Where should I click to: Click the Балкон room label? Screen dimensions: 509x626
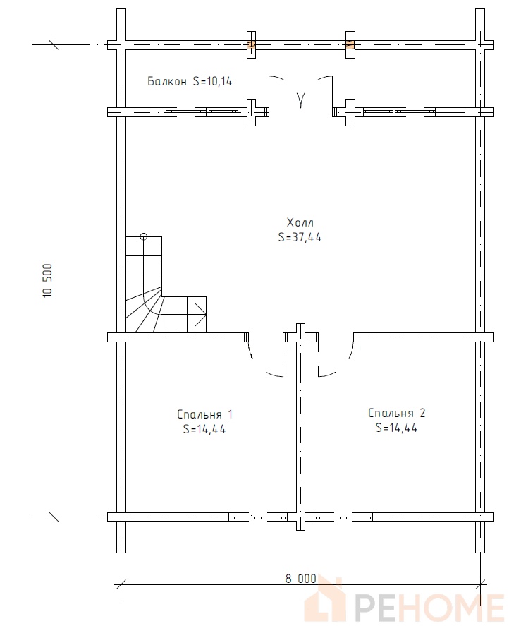(167, 81)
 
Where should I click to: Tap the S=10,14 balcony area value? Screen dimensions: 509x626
(212, 81)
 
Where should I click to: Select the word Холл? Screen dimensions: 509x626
(300, 222)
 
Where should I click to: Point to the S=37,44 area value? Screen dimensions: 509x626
(300, 238)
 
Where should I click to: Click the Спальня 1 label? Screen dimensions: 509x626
(204, 414)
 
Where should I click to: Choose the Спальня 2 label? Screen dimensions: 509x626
(396, 413)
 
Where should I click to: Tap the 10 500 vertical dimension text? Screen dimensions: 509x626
(47, 280)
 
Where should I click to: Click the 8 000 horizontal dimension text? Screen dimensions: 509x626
(300, 579)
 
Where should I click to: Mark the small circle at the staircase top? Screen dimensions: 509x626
(144, 236)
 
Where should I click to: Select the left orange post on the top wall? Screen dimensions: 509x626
(251, 44)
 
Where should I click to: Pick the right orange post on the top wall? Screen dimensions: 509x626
(350, 44)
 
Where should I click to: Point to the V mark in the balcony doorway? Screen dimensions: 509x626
(300, 100)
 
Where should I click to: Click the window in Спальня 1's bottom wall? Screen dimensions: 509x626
(258, 517)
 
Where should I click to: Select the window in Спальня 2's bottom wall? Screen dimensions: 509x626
(343, 517)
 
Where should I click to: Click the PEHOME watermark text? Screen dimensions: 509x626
(429, 607)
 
